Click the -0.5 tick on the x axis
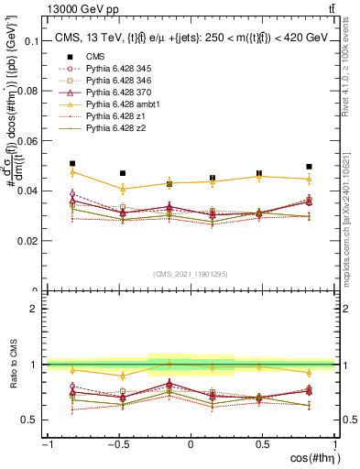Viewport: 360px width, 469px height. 116,445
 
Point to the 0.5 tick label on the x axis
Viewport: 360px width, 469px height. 263,445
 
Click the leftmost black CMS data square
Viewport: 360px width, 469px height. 72,163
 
